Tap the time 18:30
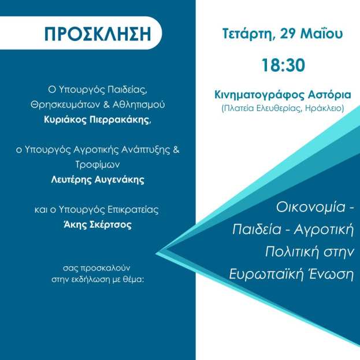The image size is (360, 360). (283, 64)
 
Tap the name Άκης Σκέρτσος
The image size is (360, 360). (97, 225)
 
